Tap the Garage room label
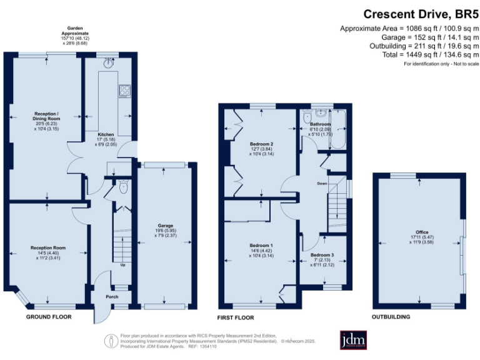click(x=165, y=225)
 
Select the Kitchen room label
click(x=105, y=135)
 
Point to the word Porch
click(x=112, y=296)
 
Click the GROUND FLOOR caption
click(x=49, y=317)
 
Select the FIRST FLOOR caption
click(x=236, y=317)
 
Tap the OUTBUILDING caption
click(x=391, y=317)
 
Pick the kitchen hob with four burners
click(x=124, y=91)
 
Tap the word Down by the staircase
click(x=322, y=184)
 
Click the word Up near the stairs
click(x=123, y=264)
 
